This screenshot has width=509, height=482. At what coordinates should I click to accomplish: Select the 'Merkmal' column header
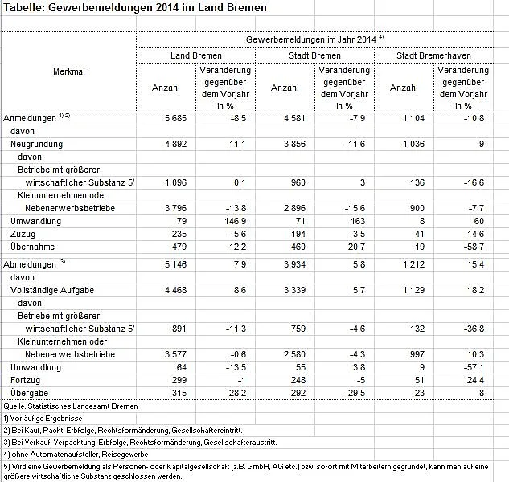69,71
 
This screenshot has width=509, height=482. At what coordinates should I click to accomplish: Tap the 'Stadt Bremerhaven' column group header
433,56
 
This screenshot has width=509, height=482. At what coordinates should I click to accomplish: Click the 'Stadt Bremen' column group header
314,56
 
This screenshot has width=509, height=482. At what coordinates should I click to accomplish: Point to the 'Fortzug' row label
24,380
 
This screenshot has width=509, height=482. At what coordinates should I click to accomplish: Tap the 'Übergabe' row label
27,393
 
